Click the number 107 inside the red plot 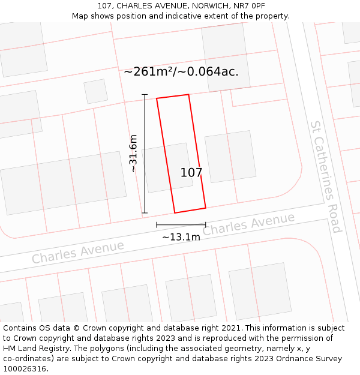click(x=191, y=173)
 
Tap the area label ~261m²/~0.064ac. click(x=181, y=71)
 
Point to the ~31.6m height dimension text click(x=133, y=154)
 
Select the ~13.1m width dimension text click(x=181, y=237)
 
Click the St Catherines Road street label click(x=326, y=176)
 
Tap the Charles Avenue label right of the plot click(x=248, y=224)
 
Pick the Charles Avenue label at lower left click(x=78, y=252)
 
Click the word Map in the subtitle click(x=80, y=16)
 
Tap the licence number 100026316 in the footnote click(x=24, y=369)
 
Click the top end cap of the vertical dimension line click(x=145, y=94)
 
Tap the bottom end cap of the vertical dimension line click(x=145, y=213)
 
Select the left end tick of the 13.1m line click(x=157, y=225)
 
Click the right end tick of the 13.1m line click(x=206, y=225)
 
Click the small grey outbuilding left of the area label click(x=96, y=91)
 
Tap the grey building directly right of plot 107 click(x=230, y=157)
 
